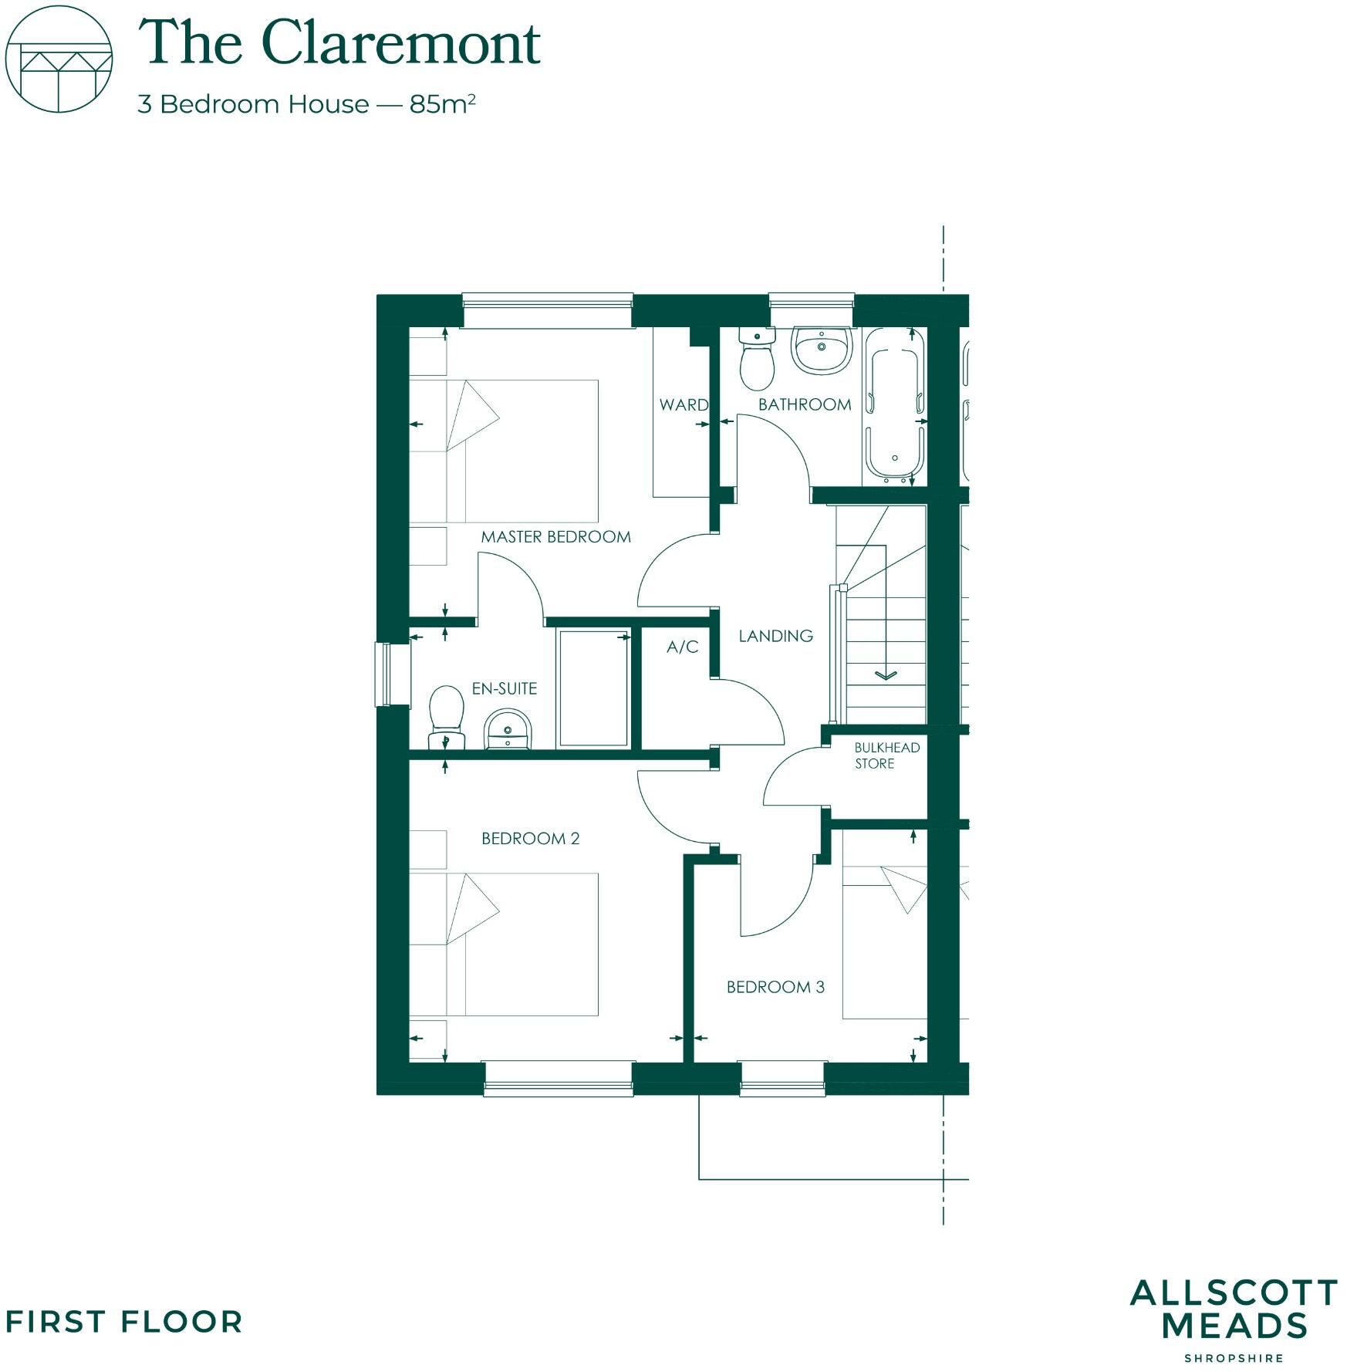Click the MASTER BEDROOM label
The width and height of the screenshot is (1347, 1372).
pos(555,536)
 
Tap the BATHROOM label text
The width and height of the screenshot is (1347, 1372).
pos(804,404)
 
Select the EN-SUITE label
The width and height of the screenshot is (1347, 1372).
pos(505,688)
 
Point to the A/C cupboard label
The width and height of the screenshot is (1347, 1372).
pos(682,647)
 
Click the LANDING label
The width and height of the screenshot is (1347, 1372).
pos(775,636)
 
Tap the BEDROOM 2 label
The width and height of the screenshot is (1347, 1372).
pos(530,838)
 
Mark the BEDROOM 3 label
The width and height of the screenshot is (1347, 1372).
pos(775,987)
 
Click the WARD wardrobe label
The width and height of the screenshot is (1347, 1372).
pos(683,404)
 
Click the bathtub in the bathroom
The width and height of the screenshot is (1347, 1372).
pos(894,407)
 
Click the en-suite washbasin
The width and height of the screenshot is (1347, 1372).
pos(508,731)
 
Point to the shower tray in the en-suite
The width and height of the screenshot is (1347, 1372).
pos(593,688)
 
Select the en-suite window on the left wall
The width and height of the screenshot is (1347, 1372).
pos(383,674)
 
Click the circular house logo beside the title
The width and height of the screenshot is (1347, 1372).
pos(59,59)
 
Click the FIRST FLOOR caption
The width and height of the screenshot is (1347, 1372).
pos(123,1323)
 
